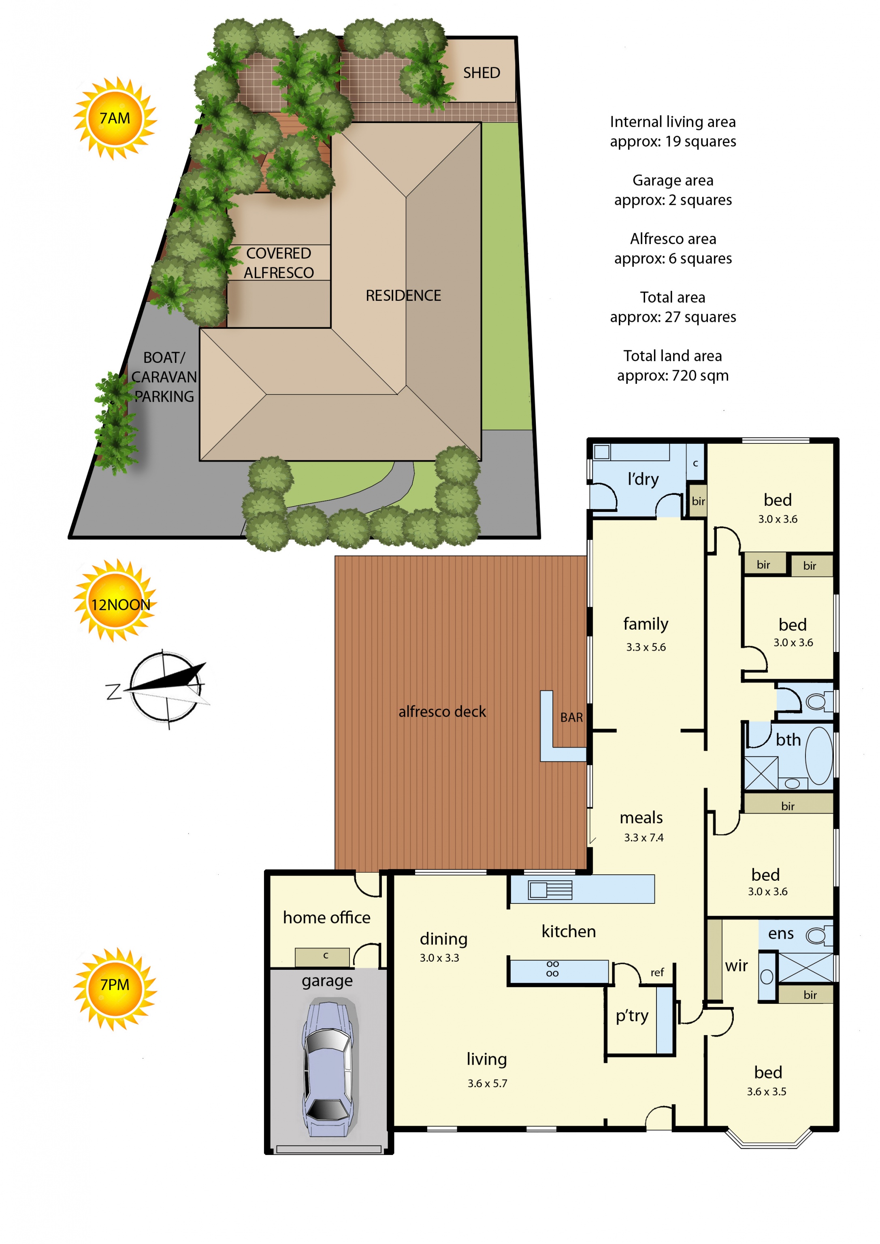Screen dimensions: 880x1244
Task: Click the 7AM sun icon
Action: (115, 118)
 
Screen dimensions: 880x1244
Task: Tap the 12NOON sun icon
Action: (115, 601)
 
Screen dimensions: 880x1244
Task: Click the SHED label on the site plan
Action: (481, 72)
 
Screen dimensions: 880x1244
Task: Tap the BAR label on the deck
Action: (571, 717)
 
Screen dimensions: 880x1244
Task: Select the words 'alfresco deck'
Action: (442, 711)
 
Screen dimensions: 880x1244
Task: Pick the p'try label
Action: (632, 1016)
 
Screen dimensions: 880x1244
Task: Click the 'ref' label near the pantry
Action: (657, 973)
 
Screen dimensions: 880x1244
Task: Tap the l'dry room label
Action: (643, 479)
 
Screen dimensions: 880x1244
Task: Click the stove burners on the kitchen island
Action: (552, 969)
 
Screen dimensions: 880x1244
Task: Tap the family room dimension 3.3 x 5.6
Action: (646, 647)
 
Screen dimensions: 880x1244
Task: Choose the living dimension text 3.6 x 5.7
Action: (487, 1083)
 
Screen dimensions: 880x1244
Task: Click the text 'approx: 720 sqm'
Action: (673, 375)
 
